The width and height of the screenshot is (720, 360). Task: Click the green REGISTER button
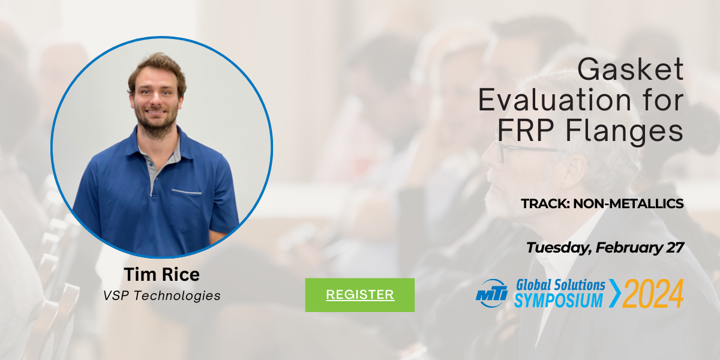click(359, 295)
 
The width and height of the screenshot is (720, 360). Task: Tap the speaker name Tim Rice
click(161, 275)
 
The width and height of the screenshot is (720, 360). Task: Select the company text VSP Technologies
click(161, 295)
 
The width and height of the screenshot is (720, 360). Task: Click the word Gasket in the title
click(631, 69)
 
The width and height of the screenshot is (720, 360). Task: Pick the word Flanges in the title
click(624, 131)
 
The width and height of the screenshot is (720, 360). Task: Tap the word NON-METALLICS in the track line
click(628, 203)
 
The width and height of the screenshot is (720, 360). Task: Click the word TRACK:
click(545, 203)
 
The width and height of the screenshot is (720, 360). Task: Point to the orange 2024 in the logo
click(653, 293)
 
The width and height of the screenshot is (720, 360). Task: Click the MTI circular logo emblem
click(492, 293)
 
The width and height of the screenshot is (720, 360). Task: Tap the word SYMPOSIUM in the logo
click(559, 301)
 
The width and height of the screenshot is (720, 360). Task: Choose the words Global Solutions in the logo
click(560, 285)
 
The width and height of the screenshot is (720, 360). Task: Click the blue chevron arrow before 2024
click(614, 293)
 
